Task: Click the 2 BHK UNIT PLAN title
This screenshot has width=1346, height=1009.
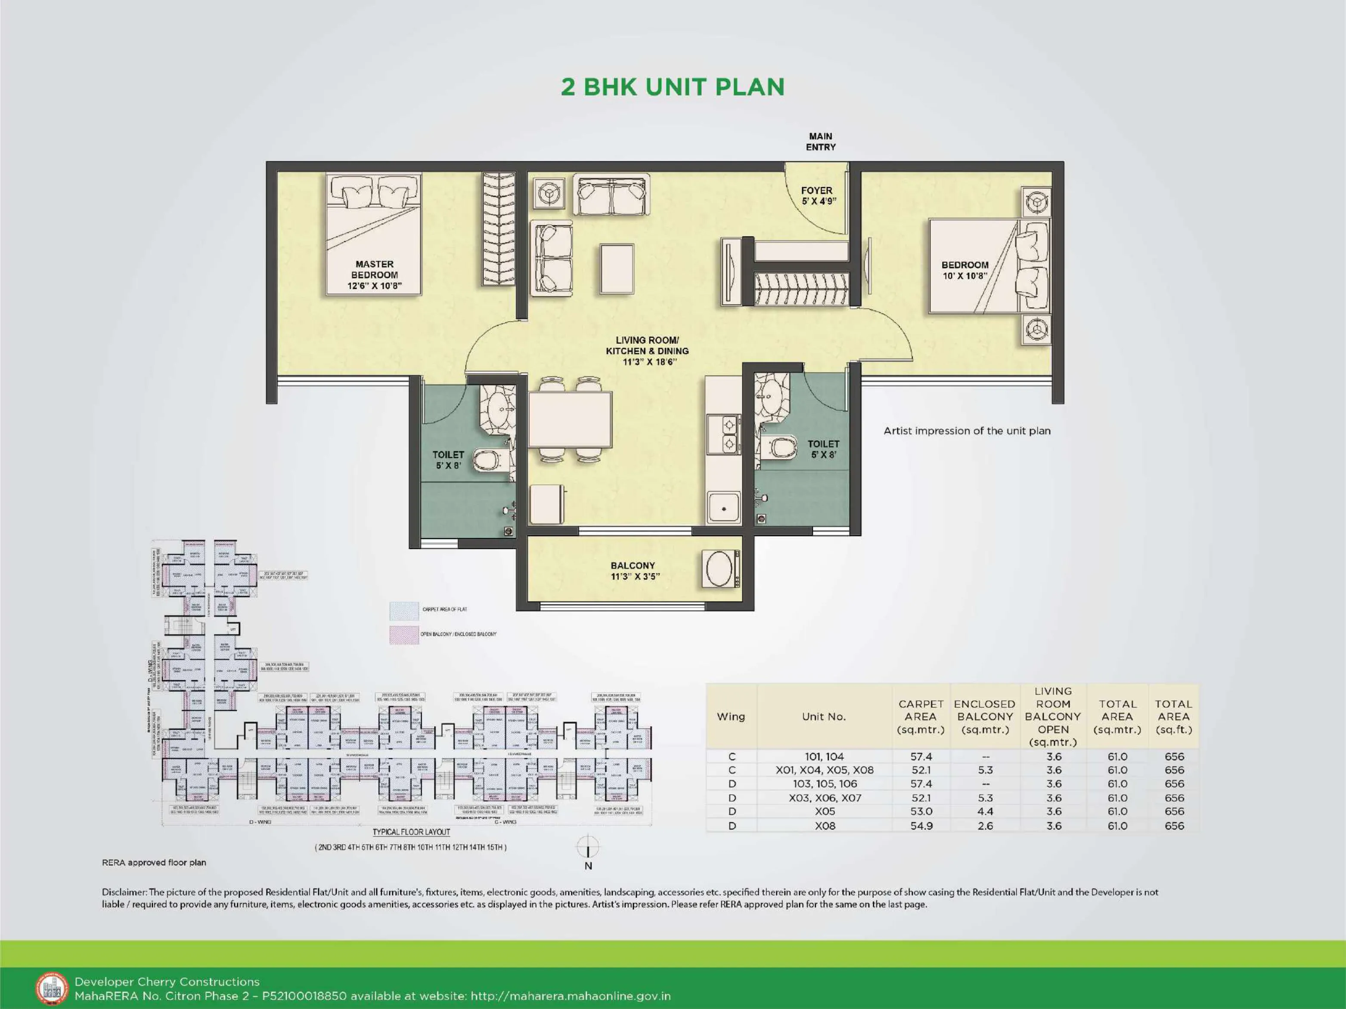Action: tap(673, 87)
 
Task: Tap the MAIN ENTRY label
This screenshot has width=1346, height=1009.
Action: tap(820, 142)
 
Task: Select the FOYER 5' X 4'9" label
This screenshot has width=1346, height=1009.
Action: tap(818, 196)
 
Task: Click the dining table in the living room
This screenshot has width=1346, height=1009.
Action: tap(570, 420)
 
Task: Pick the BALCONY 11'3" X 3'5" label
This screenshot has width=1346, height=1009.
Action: tap(633, 571)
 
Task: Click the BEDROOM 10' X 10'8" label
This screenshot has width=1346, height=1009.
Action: tap(965, 270)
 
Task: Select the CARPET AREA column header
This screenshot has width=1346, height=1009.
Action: tap(920, 716)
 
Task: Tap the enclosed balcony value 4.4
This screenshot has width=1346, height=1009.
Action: tap(985, 812)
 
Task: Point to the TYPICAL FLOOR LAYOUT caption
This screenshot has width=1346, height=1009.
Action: tap(411, 832)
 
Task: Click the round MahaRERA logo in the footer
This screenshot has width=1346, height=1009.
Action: tap(52, 988)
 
